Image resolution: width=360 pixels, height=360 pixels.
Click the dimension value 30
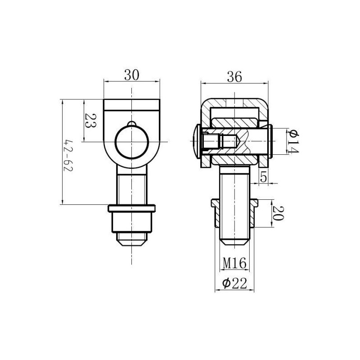(131, 75)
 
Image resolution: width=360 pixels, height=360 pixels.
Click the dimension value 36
(234, 77)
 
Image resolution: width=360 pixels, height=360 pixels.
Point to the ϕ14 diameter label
(292, 141)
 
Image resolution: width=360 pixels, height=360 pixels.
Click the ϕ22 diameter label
(235, 283)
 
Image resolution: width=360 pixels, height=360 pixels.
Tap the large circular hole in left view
(131, 142)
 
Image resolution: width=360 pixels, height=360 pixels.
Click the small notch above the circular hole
(131, 124)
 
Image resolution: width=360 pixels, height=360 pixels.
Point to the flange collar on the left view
(131, 208)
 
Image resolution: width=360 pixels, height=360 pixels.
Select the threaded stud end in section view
(234, 234)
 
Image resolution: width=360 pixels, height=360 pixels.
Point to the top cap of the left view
(131, 105)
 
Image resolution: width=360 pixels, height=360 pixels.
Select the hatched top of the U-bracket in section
(234, 103)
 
